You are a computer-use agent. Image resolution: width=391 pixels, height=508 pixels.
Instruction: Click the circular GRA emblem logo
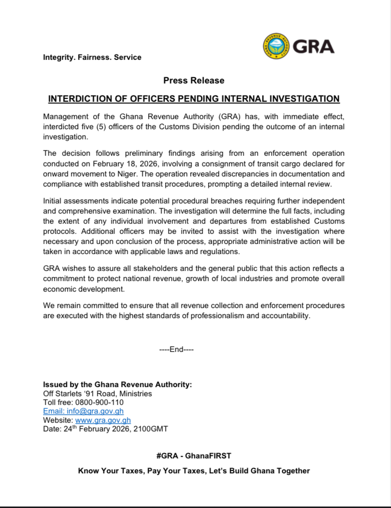(277, 47)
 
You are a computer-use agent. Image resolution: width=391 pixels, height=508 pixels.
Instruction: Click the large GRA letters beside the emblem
(313, 47)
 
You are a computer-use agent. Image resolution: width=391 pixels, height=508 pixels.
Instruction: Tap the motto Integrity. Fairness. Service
(92, 57)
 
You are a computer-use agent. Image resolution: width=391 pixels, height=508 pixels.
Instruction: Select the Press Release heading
(194, 80)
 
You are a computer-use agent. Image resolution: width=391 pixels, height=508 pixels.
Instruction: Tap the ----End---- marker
(176, 349)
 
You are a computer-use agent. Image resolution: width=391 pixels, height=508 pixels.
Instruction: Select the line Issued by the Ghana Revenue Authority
(118, 385)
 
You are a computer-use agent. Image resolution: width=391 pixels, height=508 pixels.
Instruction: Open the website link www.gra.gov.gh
(103, 420)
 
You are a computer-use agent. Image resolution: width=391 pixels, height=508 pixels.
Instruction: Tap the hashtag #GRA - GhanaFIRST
(194, 455)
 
